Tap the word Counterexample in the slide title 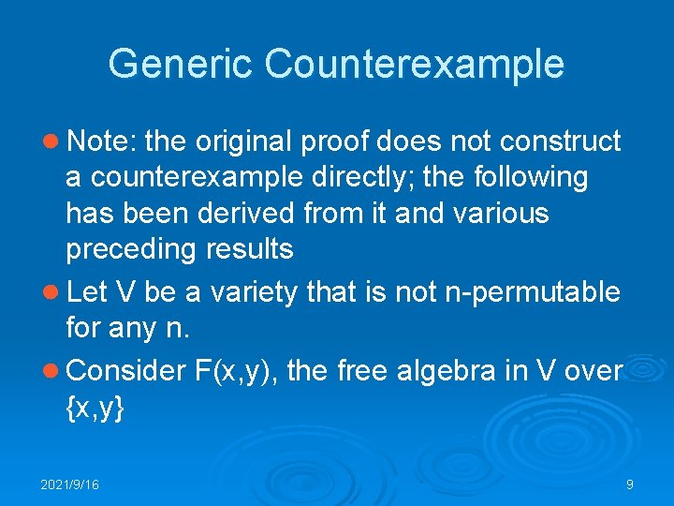point(415,64)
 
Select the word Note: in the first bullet point(103,141)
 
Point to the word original point(250,141)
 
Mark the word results point(250,249)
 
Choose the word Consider point(128,370)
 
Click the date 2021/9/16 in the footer point(69,484)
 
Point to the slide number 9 point(630,484)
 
